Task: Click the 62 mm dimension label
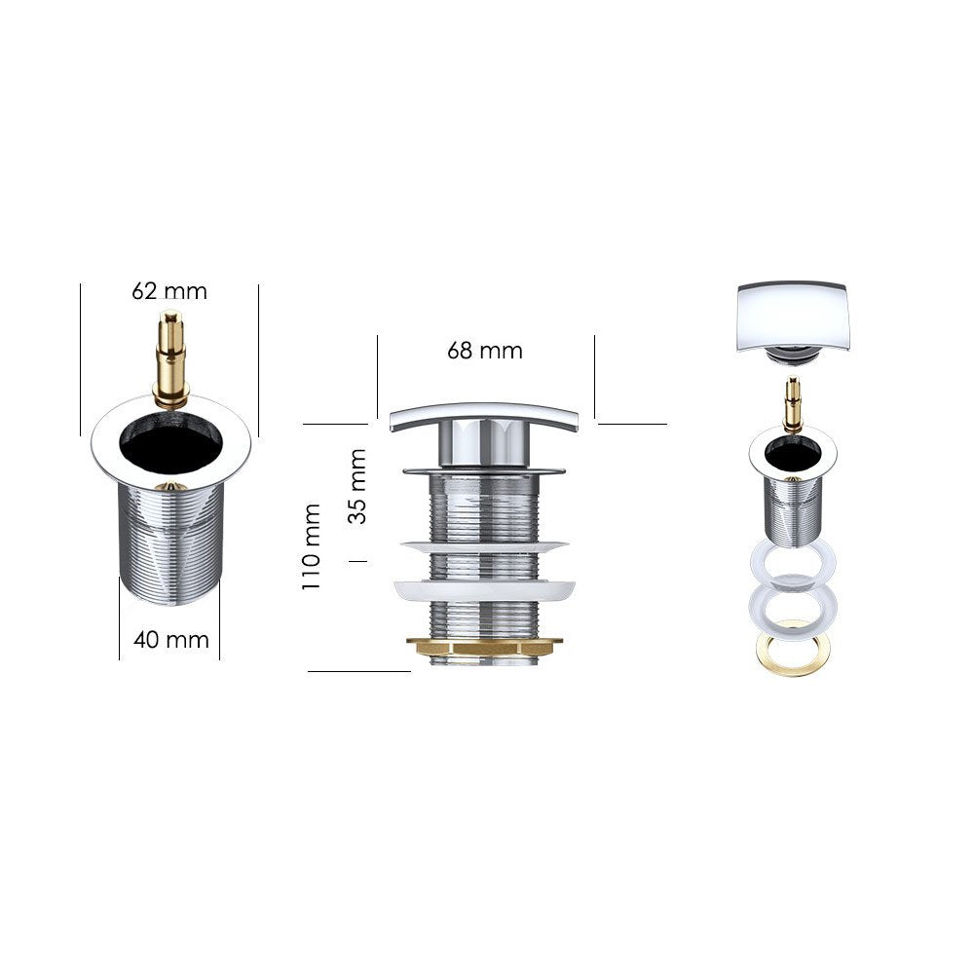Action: point(169,290)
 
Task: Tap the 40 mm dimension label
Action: point(171,640)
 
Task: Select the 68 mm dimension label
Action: point(485,351)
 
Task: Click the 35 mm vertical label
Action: point(357,487)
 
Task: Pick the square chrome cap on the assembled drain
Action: point(483,416)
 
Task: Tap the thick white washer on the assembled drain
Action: point(484,589)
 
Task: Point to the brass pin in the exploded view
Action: point(793,403)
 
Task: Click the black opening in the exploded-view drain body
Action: point(794,452)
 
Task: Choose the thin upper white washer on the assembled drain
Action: point(484,546)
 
